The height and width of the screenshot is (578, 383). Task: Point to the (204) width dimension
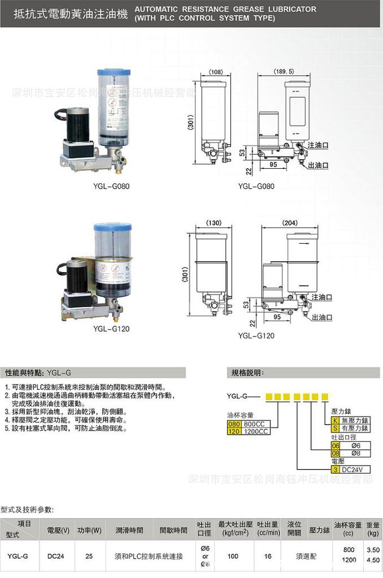click(x=289, y=222)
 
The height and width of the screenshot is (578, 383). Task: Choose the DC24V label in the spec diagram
click(x=352, y=468)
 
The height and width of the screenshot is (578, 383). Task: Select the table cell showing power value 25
click(x=89, y=556)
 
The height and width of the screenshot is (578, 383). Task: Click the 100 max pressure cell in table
click(x=232, y=556)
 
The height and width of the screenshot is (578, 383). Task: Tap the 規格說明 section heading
click(x=247, y=372)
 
